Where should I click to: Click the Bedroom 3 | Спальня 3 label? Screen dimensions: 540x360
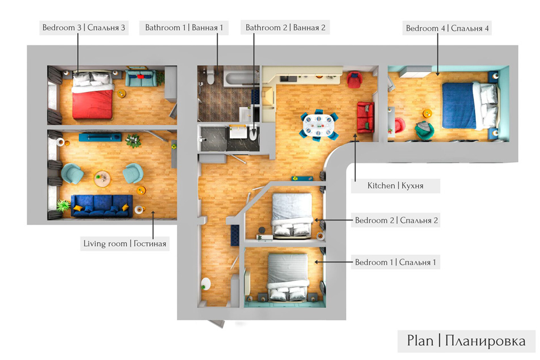tap(84, 28)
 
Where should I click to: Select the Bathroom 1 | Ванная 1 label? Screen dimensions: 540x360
tap(184, 28)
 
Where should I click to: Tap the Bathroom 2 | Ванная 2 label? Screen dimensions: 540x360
tap(285, 28)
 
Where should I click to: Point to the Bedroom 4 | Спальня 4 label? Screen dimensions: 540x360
tap(447, 28)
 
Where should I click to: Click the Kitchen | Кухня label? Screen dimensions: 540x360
tap(395, 185)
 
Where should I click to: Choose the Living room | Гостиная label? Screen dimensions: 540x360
tap(125, 244)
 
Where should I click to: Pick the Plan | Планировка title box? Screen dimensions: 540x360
tap(466, 341)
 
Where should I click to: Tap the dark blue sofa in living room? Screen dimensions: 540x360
tap(102, 206)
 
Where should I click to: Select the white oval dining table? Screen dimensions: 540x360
tap(318, 125)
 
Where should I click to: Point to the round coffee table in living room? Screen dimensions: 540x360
tap(102, 179)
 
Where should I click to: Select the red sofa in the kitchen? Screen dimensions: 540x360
tap(365, 117)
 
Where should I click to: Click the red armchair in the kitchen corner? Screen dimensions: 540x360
tap(355, 79)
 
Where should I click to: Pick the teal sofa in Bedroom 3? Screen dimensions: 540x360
tap(141, 78)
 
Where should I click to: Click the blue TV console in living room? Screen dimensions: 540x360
tap(100, 137)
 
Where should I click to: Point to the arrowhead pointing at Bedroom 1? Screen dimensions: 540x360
tap(317, 262)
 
